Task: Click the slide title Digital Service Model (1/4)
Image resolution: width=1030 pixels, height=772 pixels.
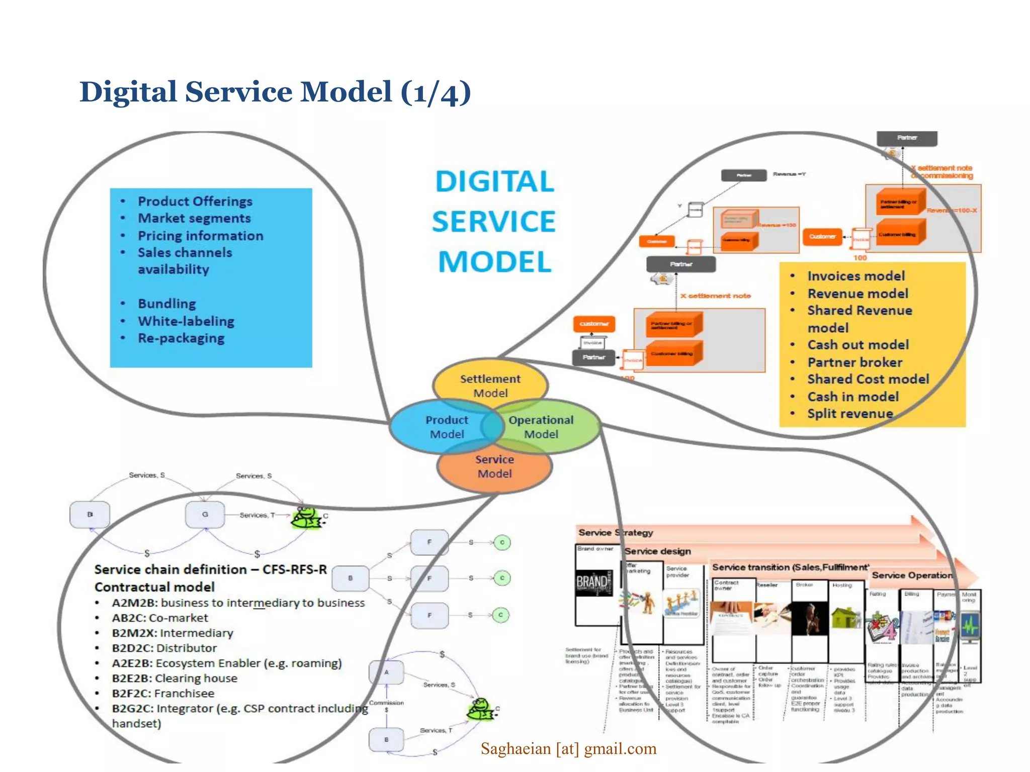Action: tap(275, 92)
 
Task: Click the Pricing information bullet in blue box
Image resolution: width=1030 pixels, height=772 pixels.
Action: tap(200, 236)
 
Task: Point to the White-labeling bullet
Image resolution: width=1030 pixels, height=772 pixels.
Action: tap(186, 321)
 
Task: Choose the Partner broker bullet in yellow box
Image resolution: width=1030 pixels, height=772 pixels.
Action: tap(854, 362)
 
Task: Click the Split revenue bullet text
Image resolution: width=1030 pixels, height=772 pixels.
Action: tap(850, 414)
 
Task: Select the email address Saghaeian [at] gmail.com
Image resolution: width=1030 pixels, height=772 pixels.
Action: tap(568, 749)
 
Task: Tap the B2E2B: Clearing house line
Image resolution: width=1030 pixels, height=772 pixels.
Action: tap(174, 678)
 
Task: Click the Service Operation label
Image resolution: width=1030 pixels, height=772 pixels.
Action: tap(912, 575)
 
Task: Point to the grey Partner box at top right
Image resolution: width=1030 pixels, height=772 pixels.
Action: tap(907, 138)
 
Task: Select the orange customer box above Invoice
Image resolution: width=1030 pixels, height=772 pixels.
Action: tap(594, 324)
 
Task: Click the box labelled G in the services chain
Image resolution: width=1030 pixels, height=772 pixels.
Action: tap(205, 515)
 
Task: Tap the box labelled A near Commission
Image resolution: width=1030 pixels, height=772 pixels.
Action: tap(386, 672)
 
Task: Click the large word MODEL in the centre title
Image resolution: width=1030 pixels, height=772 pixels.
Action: tap(494, 262)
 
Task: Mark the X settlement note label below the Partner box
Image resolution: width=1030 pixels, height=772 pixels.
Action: tap(715, 296)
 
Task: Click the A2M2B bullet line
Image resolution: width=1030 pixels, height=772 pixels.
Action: tap(237, 603)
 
